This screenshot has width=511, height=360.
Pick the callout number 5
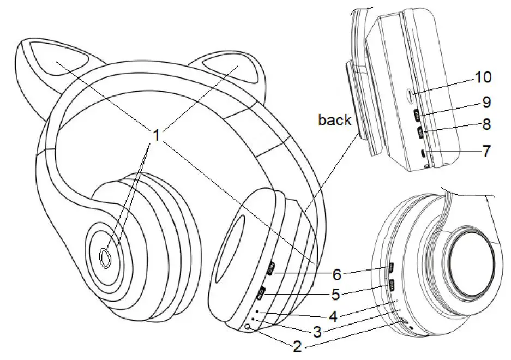click(336, 295)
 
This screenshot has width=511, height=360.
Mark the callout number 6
click(337, 273)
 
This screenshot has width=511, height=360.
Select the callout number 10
click(483, 77)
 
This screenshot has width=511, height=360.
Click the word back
click(335, 119)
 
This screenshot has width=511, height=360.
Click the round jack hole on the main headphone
click(249, 327)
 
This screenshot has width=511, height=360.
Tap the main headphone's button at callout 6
click(272, 268)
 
